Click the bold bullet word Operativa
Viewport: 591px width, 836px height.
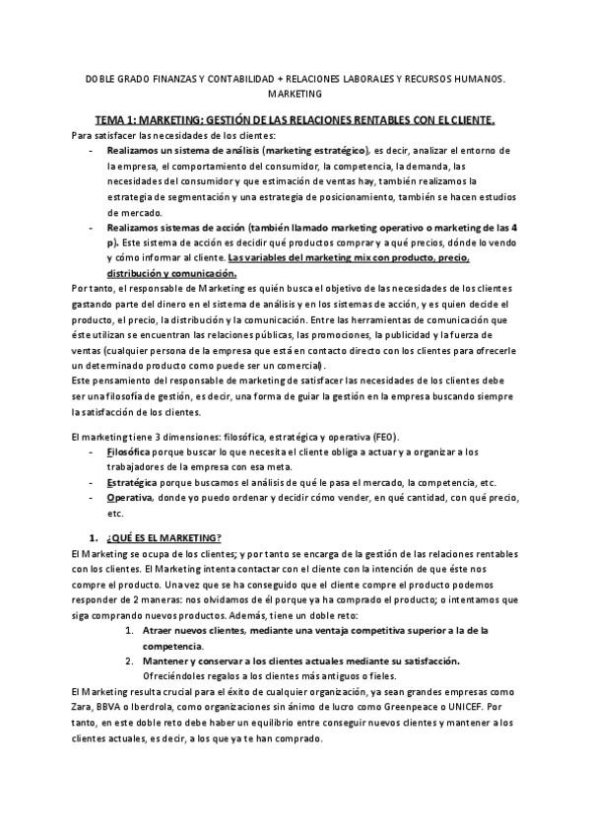point(129,499)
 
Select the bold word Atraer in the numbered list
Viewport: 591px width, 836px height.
point(160,629)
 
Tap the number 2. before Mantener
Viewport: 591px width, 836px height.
point(129,660)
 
